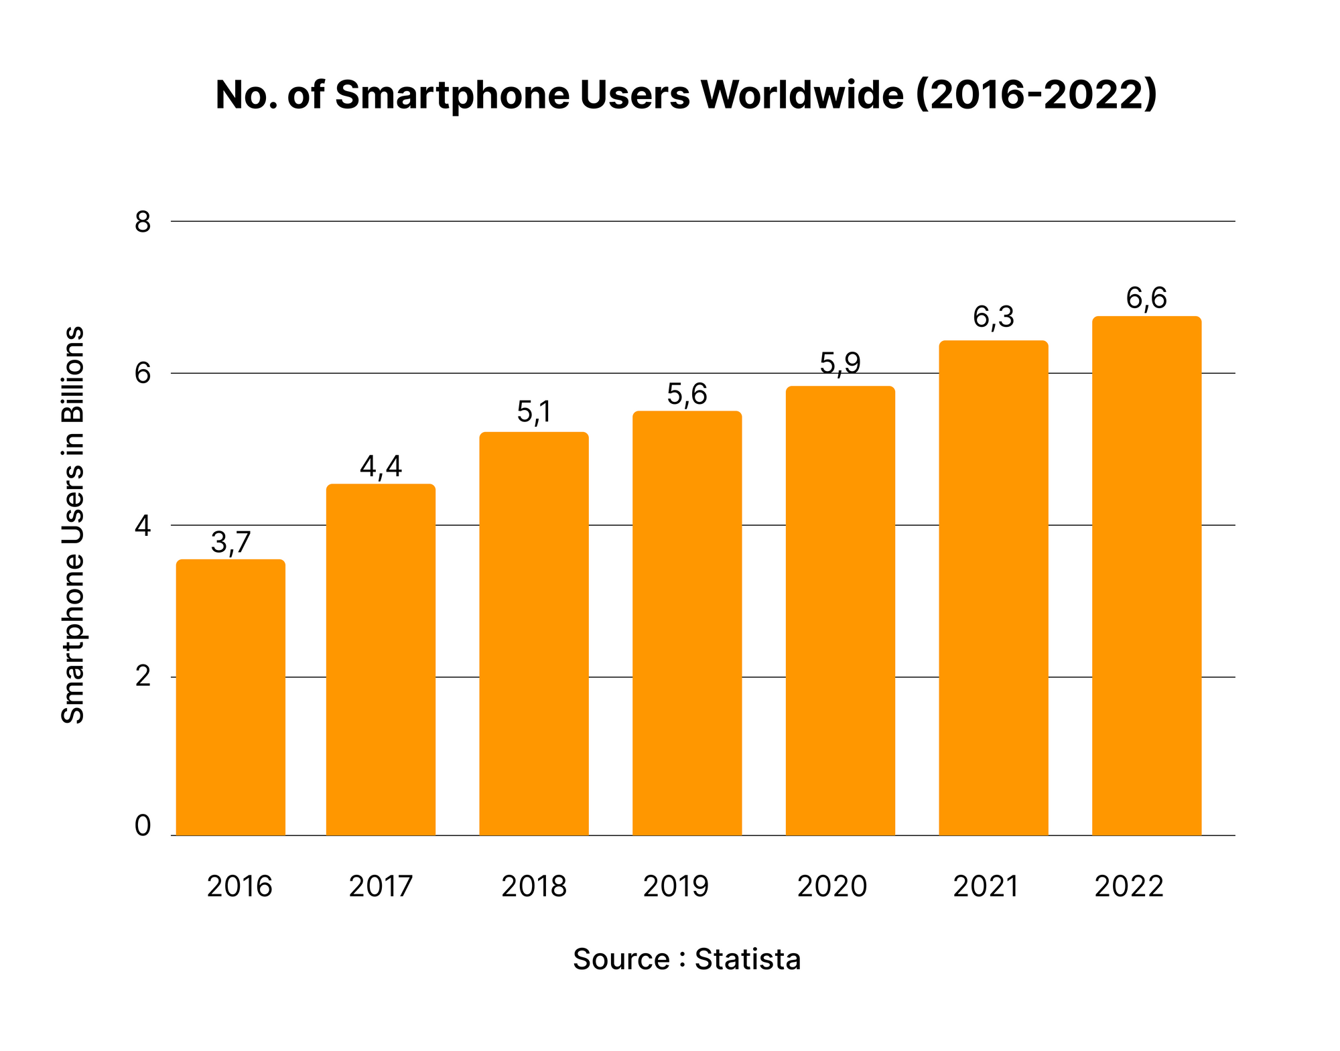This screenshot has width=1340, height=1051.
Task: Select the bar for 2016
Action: click(230, 697)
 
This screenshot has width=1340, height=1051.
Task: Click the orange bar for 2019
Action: click(687, 623)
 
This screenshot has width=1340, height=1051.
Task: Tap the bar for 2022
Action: click(1146, 576)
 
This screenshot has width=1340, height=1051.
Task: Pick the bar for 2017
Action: click(381, 660)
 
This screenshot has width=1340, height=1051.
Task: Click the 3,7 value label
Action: click(230, 543)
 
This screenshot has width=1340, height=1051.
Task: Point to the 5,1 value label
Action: click(534, 413)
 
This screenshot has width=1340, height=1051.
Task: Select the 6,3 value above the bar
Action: click(994, 318)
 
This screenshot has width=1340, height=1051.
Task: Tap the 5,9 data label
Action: click(840, 363)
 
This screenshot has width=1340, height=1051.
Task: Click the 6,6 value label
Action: click(1146, 298)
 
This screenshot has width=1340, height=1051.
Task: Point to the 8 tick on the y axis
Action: click(143, 222)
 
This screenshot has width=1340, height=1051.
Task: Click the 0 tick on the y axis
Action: click(143, 826)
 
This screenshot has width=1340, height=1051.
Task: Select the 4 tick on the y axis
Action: click(143, 526)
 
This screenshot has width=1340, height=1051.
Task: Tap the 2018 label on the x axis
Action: click(534, 887)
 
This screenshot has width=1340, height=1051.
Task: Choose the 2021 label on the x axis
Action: click(986, 887)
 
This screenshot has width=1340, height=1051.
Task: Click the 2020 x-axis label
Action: click(832, 887)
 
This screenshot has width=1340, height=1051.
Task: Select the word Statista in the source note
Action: click(747, 959)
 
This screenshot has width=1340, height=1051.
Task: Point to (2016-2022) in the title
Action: click(1036, 95)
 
